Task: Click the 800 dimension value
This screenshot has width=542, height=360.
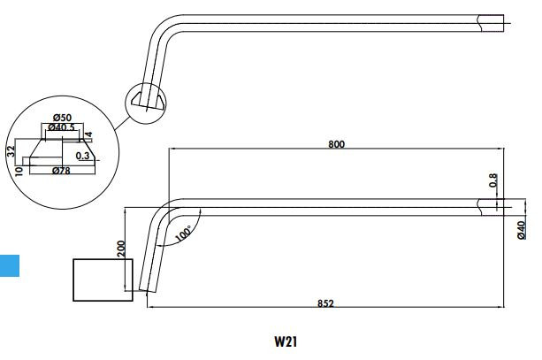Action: click(x=336, y=143)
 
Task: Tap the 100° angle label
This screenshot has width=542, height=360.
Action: click(x=183, y=234)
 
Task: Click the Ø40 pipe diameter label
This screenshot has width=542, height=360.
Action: click(x=521, y=229)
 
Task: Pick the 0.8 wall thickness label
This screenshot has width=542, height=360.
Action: click(x=493, y=181)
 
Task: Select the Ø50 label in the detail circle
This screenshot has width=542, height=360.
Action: click(x=62, y=118)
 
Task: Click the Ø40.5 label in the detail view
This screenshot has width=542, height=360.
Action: click(x=61, y=129)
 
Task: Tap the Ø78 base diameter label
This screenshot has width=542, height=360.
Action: click(x=61, y=170)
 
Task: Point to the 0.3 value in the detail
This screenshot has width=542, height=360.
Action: click(x=82, y=155)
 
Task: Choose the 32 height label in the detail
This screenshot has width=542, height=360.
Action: click(x=11, y=150)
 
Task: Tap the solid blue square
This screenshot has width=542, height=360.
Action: click(x=9, y=264)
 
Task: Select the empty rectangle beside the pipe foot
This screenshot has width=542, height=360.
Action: click(x=102, y=279)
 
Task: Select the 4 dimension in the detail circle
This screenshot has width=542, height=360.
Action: click(x=89, y=134)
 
